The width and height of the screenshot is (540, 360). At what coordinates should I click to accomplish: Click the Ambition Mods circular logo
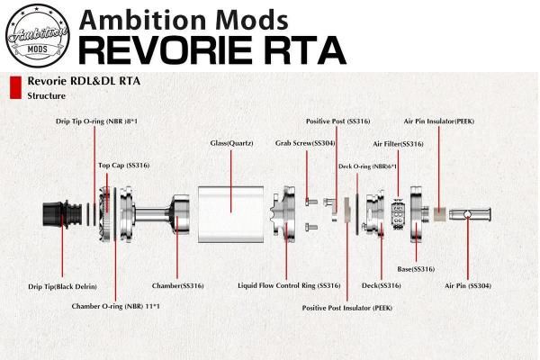38,35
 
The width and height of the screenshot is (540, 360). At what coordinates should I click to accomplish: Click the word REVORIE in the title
166,50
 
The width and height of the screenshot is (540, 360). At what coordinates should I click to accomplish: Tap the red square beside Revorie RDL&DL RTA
15,88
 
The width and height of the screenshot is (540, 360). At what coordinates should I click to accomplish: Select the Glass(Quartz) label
231,143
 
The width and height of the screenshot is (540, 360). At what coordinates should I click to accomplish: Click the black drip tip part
62,214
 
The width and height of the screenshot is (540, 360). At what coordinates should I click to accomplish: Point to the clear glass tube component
230,214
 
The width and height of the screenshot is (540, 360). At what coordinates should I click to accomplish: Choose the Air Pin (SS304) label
468,285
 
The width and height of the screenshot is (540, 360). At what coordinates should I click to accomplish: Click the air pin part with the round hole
470,214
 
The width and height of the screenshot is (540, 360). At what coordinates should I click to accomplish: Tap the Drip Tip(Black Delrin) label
62,286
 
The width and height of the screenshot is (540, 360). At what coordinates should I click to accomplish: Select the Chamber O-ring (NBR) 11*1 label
116,306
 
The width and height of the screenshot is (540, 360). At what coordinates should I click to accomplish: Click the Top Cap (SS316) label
124,166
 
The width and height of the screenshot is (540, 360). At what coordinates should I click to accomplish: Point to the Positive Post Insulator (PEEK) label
347,308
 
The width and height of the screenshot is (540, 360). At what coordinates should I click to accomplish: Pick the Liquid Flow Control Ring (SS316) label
289,285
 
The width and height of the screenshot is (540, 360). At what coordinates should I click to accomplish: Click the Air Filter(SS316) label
398,144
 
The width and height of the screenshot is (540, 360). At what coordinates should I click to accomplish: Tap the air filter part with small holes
398,214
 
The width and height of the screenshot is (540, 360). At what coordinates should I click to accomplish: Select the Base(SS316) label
416,269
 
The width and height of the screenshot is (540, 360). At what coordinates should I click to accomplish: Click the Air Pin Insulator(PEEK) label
439,121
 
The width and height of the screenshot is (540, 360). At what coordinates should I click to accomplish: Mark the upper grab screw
311,202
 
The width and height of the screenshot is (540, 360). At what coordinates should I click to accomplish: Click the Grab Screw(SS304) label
305,143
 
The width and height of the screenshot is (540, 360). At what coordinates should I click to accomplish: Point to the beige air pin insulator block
439,214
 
